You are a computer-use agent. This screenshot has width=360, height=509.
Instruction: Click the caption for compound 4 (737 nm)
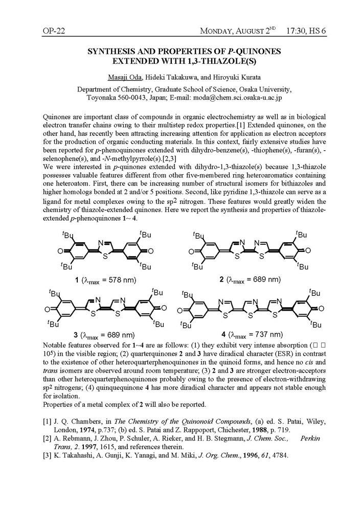(x=252, y=335)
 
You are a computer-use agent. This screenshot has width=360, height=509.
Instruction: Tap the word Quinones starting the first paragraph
(x=59, y=117)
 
